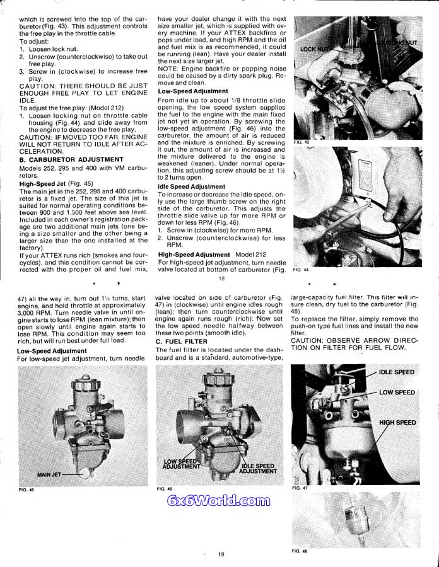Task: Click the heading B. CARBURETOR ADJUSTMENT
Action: [71, 160]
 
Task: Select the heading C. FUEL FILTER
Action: [182, 341]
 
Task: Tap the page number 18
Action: [221, 278]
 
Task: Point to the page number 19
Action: [221, 554]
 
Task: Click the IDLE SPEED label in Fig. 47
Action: [397, 372]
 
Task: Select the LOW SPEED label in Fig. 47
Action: [397, 392]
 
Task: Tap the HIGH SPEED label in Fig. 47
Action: [397, 422]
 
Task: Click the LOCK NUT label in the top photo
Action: [315, 49]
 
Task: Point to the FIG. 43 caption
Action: [301, 143]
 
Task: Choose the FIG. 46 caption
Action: [164, 488]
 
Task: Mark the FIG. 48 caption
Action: [300, 551]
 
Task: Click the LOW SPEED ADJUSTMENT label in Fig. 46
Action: [181, 464]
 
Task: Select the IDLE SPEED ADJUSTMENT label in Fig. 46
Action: [257, 468]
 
